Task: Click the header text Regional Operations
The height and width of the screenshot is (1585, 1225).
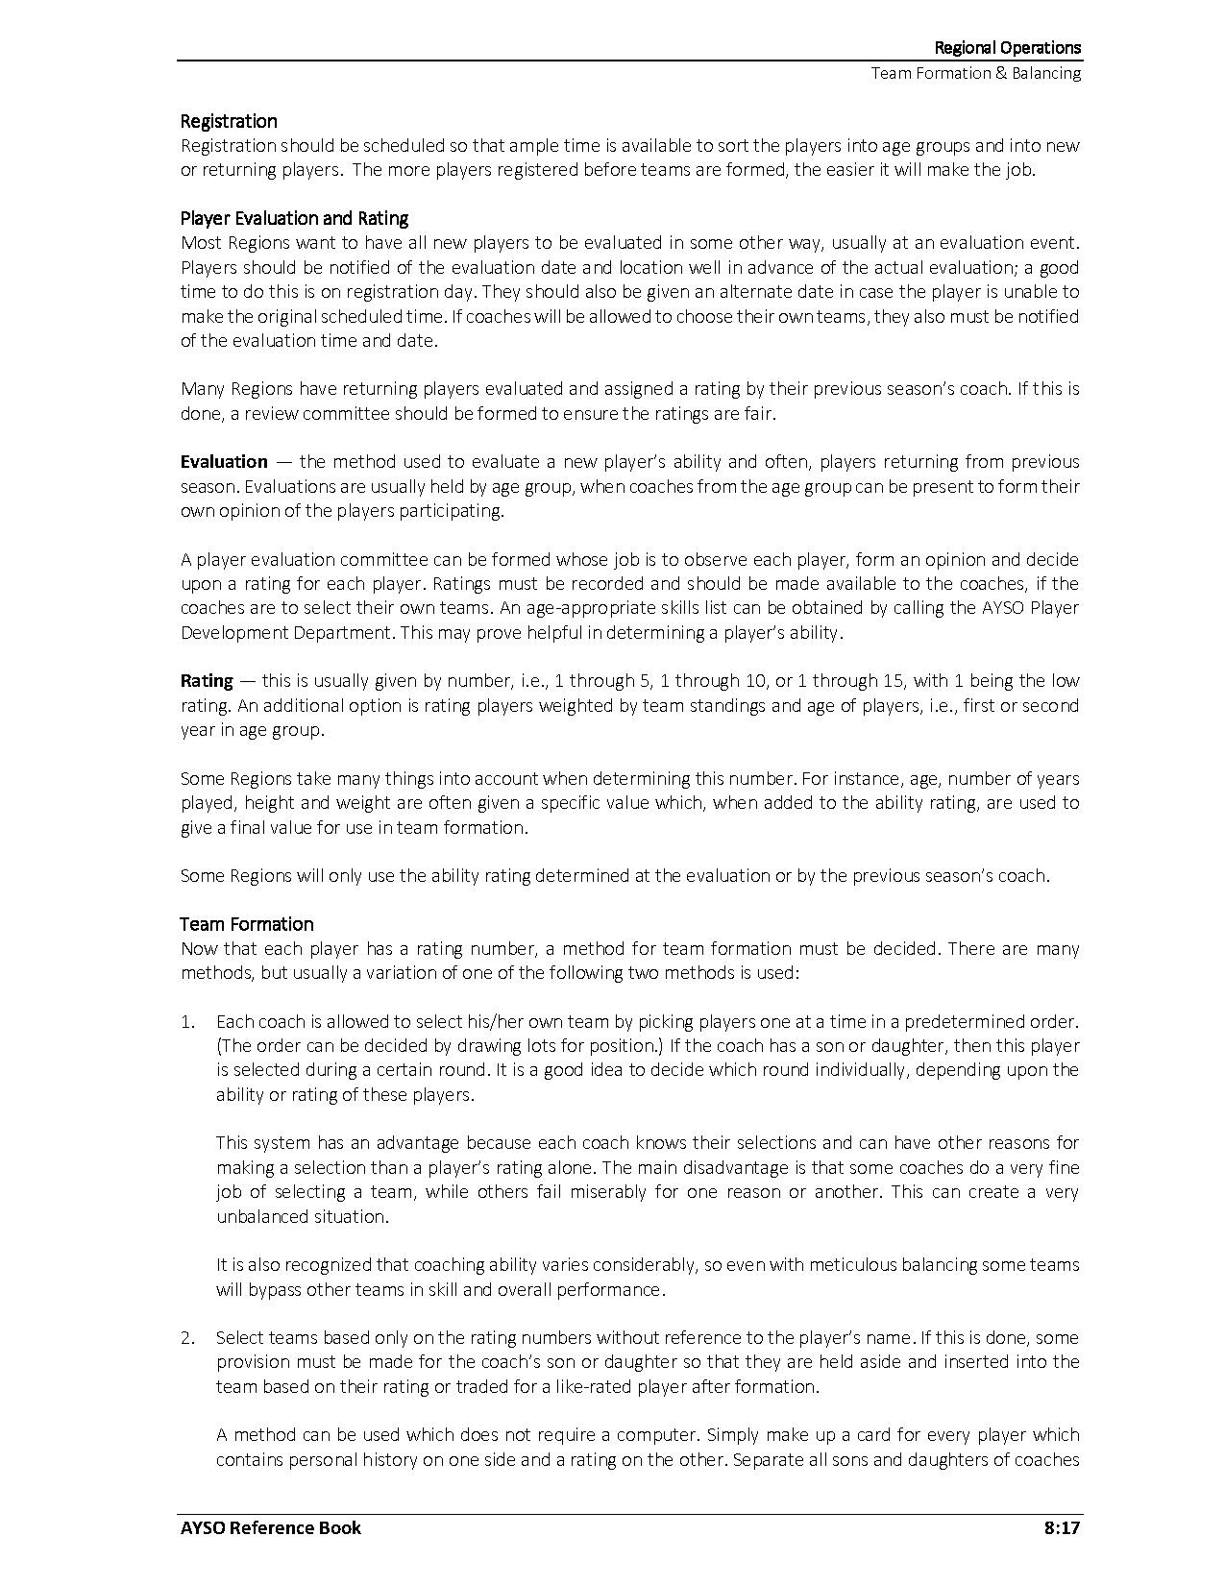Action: pyautogui.click(x=1008, y=48)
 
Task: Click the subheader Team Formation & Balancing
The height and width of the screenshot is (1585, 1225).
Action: pyautogui.click(x=975, y=73)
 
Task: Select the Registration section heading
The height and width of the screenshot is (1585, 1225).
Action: pyautogui.click(x=229, y=121)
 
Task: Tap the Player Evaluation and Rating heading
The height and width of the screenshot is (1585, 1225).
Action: pyautogui.click(x=294, y=218)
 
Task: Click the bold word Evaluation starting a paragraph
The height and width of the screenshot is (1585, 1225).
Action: pyautogui.click(x=224, y=462)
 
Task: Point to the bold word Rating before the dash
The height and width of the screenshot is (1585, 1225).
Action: pyautogui.click(x=207, y=681)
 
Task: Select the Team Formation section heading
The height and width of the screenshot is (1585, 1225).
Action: pyautogui.click(x=247, y=924)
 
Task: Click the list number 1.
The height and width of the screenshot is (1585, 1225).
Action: pyautogui.click(x=187, y=1021)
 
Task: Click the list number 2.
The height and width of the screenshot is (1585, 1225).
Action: pyautogui.click(x=187, y=1337)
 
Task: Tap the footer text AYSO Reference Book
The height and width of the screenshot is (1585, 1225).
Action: pyautogui.click(x=271, y=1527)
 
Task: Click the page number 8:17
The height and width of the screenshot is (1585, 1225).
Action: pyautogui.click(x=1062, y=1527)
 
